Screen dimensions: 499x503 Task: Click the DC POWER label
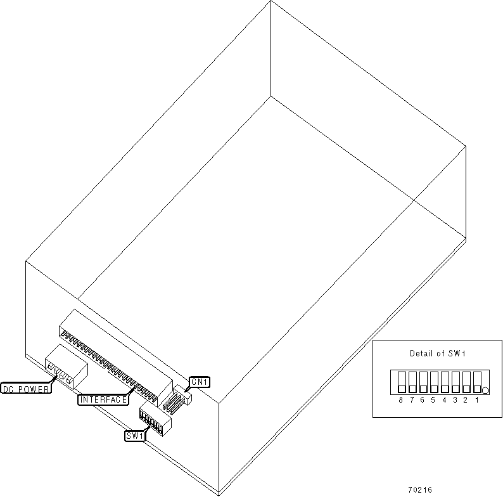point(26,389)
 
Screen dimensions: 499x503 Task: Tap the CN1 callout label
point(200,382)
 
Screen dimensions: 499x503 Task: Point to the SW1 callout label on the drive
point(136,435)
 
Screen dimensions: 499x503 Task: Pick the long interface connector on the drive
point(114,355)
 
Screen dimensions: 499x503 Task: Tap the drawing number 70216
point(420,490)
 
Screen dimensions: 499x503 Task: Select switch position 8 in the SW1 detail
point(401,382)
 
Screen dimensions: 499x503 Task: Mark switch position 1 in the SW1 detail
point(476,382)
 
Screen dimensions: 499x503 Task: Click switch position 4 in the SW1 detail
point(444,382)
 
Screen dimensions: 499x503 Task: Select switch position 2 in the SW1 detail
point(466,382)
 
